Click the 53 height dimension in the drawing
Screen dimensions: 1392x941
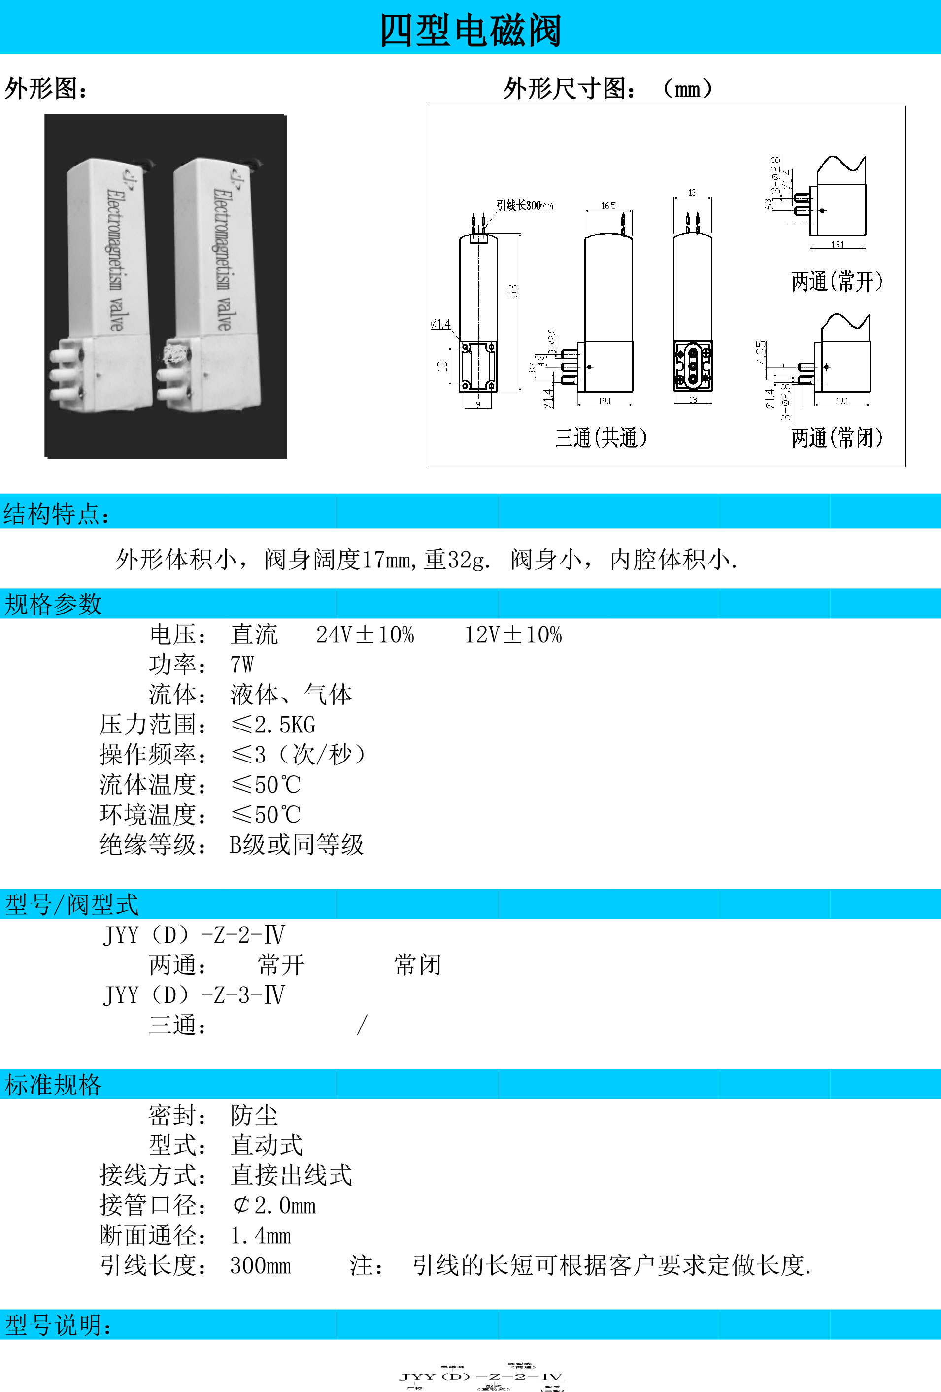click(x=513, y=291)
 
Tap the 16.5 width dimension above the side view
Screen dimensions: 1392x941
click(x=608, y=206)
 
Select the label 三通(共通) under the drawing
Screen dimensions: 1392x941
click(x=601, y=438)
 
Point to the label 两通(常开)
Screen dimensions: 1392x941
click(x=837, y=281)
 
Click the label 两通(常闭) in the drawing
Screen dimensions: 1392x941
click(x=837, y=438)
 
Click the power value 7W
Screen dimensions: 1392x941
click(x=242, y=664)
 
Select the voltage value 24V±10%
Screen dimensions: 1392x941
click(x=365, y=634)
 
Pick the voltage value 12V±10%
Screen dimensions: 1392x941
click(x=513, y=634)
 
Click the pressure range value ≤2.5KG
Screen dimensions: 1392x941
click(x=273, y=725)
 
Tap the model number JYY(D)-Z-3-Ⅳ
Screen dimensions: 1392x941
click(x=194, y=995)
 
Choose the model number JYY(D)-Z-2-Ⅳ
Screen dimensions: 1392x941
click(x=194, y=934)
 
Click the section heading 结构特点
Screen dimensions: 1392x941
click(x=57, y=514)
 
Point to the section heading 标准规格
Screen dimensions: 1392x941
click(x=53, y=1085)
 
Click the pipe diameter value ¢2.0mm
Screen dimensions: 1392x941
click(x=274, y=1205)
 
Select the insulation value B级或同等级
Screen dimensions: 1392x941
click(x=297, y=845)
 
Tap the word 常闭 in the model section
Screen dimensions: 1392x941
click(x=417, y=965)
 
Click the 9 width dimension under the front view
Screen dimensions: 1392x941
click(x=478, y=404)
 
